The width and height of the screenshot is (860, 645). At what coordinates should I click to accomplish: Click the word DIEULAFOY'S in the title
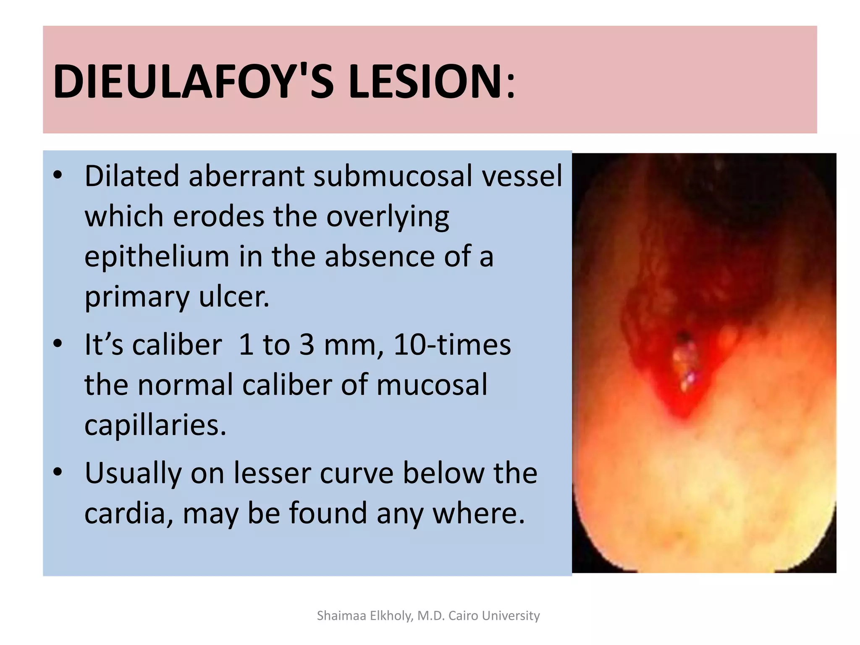[193, 81]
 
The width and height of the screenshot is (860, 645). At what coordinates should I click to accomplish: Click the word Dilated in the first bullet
[132, 176]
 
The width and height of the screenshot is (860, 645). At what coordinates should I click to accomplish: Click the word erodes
[219, 217]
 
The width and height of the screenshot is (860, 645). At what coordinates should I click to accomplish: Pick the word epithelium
[157, 257]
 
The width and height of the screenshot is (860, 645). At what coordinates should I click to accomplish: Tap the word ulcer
[233, 297]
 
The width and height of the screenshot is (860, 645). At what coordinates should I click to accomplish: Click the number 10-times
[452, 345]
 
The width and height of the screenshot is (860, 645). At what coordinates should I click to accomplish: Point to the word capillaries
[155, 425]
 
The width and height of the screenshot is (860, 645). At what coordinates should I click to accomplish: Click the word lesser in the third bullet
[272, 473]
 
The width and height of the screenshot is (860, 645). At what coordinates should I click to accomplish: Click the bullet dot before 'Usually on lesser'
[58, 472]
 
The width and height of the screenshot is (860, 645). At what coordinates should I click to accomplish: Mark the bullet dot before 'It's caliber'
[58, 343]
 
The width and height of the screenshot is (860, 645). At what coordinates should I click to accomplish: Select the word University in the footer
[511, 616]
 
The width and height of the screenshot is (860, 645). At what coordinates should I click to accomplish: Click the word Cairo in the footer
[463, 616]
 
